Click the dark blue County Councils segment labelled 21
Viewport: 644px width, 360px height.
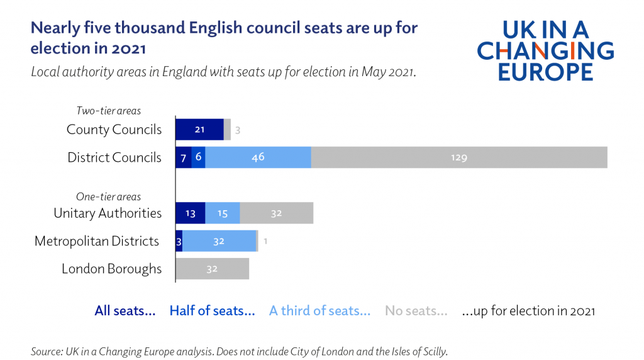coord(199,130)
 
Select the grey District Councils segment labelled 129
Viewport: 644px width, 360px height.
coord(459,157)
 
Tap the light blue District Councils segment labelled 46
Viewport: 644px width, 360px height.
coord(258,157)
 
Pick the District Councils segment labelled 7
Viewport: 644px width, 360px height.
coord(183,157)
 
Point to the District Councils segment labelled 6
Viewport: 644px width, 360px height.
coord(198,157)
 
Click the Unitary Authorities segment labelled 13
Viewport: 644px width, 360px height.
coord(190,213)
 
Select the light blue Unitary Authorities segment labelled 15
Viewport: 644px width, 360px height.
coord(223,213)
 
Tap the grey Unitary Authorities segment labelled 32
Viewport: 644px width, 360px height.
coord(276,213)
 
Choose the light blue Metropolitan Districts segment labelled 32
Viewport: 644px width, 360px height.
coord(219,241)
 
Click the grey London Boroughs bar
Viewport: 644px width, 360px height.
coord(212,269)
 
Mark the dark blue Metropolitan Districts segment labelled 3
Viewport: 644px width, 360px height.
coord(179,241)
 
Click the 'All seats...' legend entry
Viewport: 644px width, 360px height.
coord(125,311)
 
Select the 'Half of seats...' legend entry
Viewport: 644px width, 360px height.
coord(212,311)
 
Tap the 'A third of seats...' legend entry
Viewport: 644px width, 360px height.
coord(319,311)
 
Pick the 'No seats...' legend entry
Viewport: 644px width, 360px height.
coord(416,311)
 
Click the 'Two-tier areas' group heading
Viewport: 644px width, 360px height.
coord(108,111)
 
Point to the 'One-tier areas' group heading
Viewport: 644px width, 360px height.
coord(108,196)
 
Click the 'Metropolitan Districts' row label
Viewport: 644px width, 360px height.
coord(97,241)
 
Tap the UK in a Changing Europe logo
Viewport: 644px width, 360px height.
coord(545,51)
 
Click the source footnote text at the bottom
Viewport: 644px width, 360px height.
coord(239,351)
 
